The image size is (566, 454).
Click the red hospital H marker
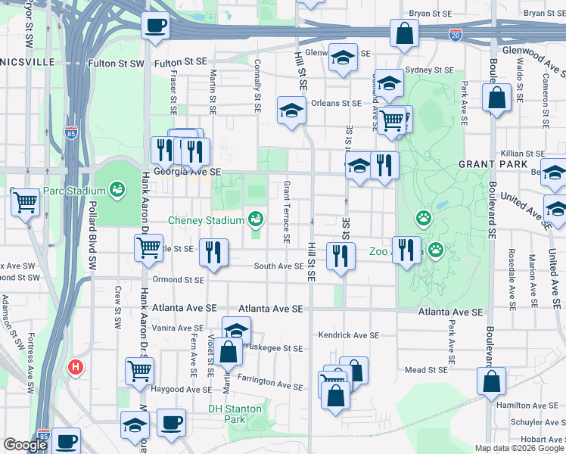(x=76, y=368)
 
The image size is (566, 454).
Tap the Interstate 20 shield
(x=455, y=35)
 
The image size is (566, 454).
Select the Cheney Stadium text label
(x=207, y=219)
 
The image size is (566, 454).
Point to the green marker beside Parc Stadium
(x=117, y=189)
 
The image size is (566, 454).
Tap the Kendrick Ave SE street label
(x=348, y=334)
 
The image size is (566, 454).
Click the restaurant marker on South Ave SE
(x=213, y=251)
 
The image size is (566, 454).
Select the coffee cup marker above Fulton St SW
(x=155, y=26)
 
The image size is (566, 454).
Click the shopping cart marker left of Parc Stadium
(x=25, y=202)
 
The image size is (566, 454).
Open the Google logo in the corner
(x=24, y=446)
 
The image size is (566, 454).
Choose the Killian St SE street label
(x=518, y=153)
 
